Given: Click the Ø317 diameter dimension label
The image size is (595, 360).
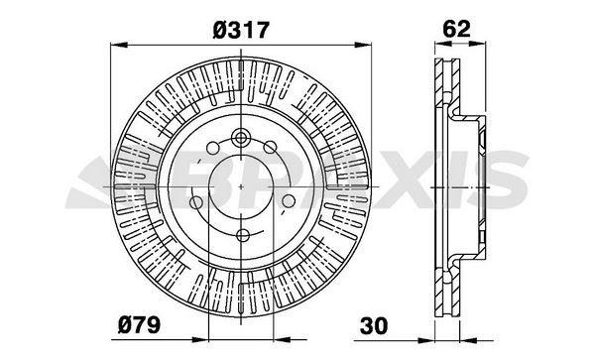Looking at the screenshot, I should [x=241, y=31].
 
